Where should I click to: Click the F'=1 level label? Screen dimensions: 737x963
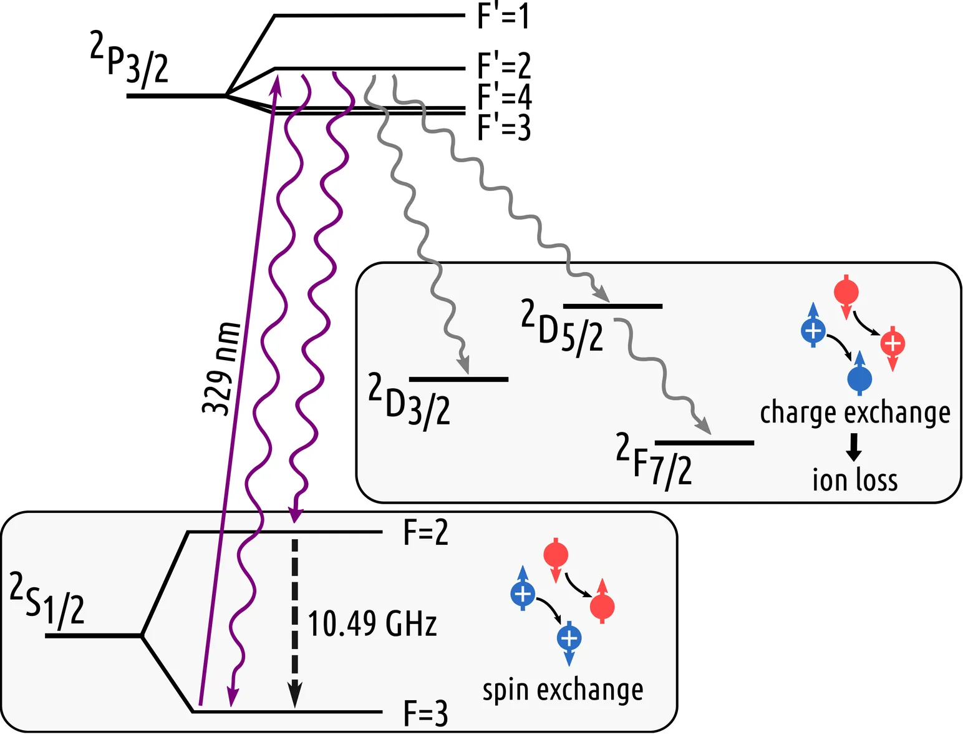point(503,16)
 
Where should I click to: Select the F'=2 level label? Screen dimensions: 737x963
point(503,66)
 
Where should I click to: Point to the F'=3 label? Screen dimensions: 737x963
point(503,127)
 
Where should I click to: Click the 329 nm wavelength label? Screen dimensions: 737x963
point(221,368)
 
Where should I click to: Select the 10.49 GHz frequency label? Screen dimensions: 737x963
point(372,623)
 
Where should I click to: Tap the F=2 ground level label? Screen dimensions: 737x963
point(425,533)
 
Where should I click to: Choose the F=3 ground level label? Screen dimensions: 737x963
point(425,713)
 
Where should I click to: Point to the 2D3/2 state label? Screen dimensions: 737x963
point(409,401)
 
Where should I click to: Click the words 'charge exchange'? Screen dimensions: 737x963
point(854,412)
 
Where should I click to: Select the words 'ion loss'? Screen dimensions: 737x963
point(854,480)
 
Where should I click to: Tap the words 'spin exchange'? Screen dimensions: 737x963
point(563,690)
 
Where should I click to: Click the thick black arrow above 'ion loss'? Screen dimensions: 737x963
point(854,446)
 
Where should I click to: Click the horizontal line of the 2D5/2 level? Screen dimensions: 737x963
point(612,306)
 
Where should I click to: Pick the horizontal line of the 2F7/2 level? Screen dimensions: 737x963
point(704,442)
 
